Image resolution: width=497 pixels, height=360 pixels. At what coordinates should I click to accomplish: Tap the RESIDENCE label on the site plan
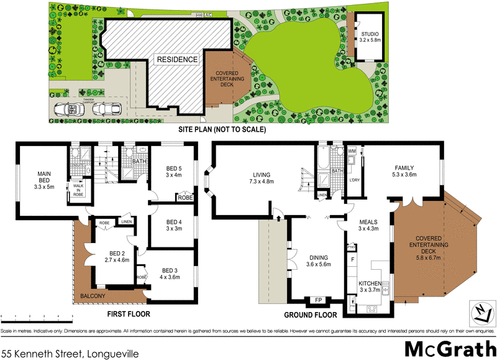(x=177, y=60)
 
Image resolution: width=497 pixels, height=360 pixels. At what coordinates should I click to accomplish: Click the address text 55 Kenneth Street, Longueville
(x=70, y=353)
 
